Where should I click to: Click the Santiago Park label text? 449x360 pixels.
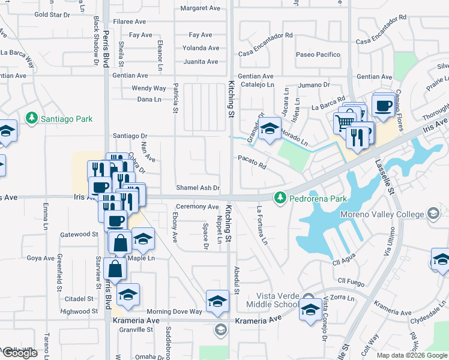tap(66, 119)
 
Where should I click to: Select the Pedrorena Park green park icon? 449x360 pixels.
tap(279, 197)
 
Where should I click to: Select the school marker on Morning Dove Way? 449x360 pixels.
tap(217, 301)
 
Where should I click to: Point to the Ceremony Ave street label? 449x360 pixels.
tap(197, 206)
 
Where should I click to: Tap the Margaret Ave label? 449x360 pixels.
tap(200, 8)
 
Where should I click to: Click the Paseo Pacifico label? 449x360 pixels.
tap(318, 55)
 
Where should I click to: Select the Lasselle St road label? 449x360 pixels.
tap(390, 175)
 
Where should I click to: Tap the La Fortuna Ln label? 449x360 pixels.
tap(262, 225)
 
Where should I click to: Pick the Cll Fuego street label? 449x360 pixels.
tap(351, 280)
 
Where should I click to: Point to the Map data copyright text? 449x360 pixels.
tap(411, 355)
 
